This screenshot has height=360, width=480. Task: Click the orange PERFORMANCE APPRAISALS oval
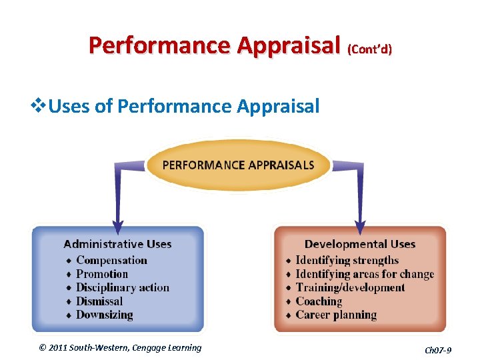pyautogui.click(x=238, y=165)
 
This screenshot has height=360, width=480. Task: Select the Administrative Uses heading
pyautogui.click(x=117, y=244)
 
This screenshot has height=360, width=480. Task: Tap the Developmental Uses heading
pyautogui.click(x=359, y=244)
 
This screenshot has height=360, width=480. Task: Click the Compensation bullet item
pyautogui.click(x=111, y=260)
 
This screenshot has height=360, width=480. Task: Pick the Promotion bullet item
pyautogui.click(x=101, y=274)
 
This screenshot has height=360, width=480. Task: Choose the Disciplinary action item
pyautogui.click(x=123, y=288)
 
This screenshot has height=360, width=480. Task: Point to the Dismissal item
pyautogui.click(x=99, y=301)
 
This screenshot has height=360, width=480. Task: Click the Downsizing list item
pyautogui.click(x=104, y=315)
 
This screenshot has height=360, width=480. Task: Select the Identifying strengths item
pyautogui.click(x=347, y=260)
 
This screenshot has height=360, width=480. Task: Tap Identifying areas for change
pyautogui.click(x=364, y=274)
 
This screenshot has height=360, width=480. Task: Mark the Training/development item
pyautogui.click(x=350, y=288)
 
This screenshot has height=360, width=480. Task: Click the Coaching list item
pyautogui.click(x=319, y=301)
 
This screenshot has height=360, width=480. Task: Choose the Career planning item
pyautogui.click(x=336, y=315)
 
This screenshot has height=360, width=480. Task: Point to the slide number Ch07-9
pyautogui.click(x=438, y=349)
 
